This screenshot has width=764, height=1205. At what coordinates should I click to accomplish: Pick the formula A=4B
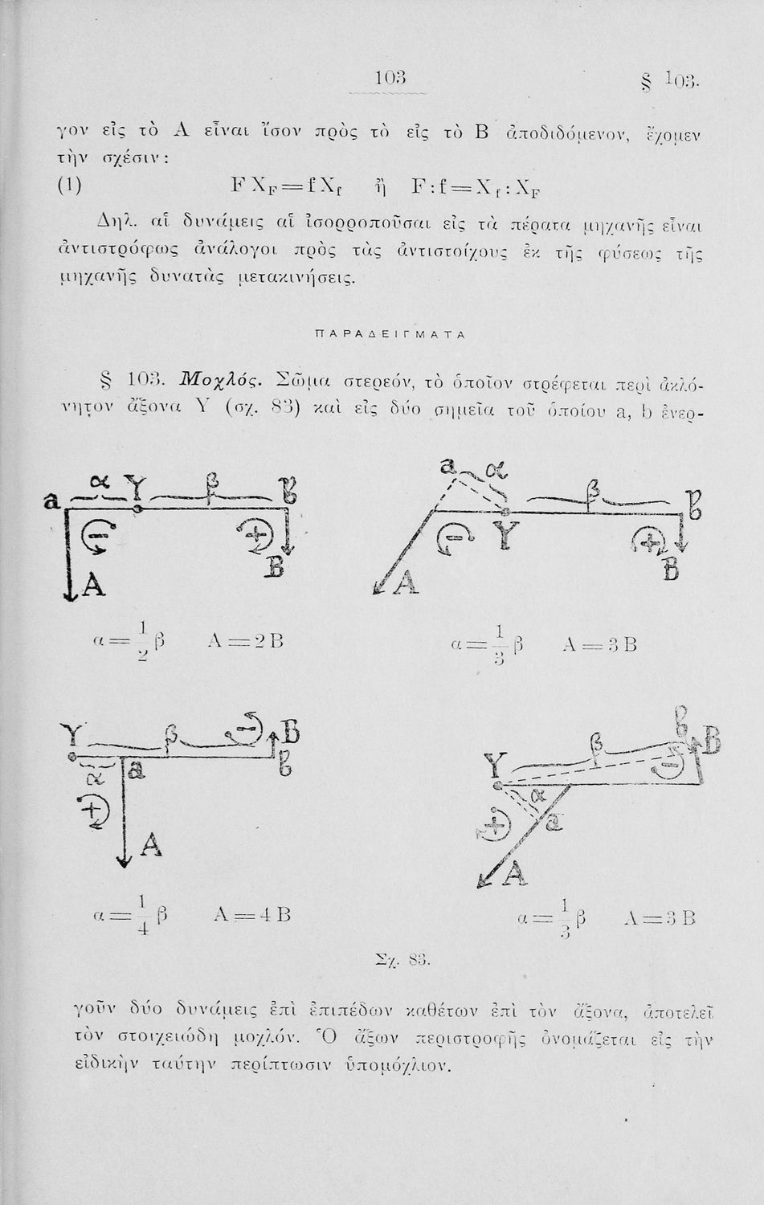pyautogui.click(x=252, y=915)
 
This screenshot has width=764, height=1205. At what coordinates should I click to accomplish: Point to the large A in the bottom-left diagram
pyautogui.click(x=151, y=845)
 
